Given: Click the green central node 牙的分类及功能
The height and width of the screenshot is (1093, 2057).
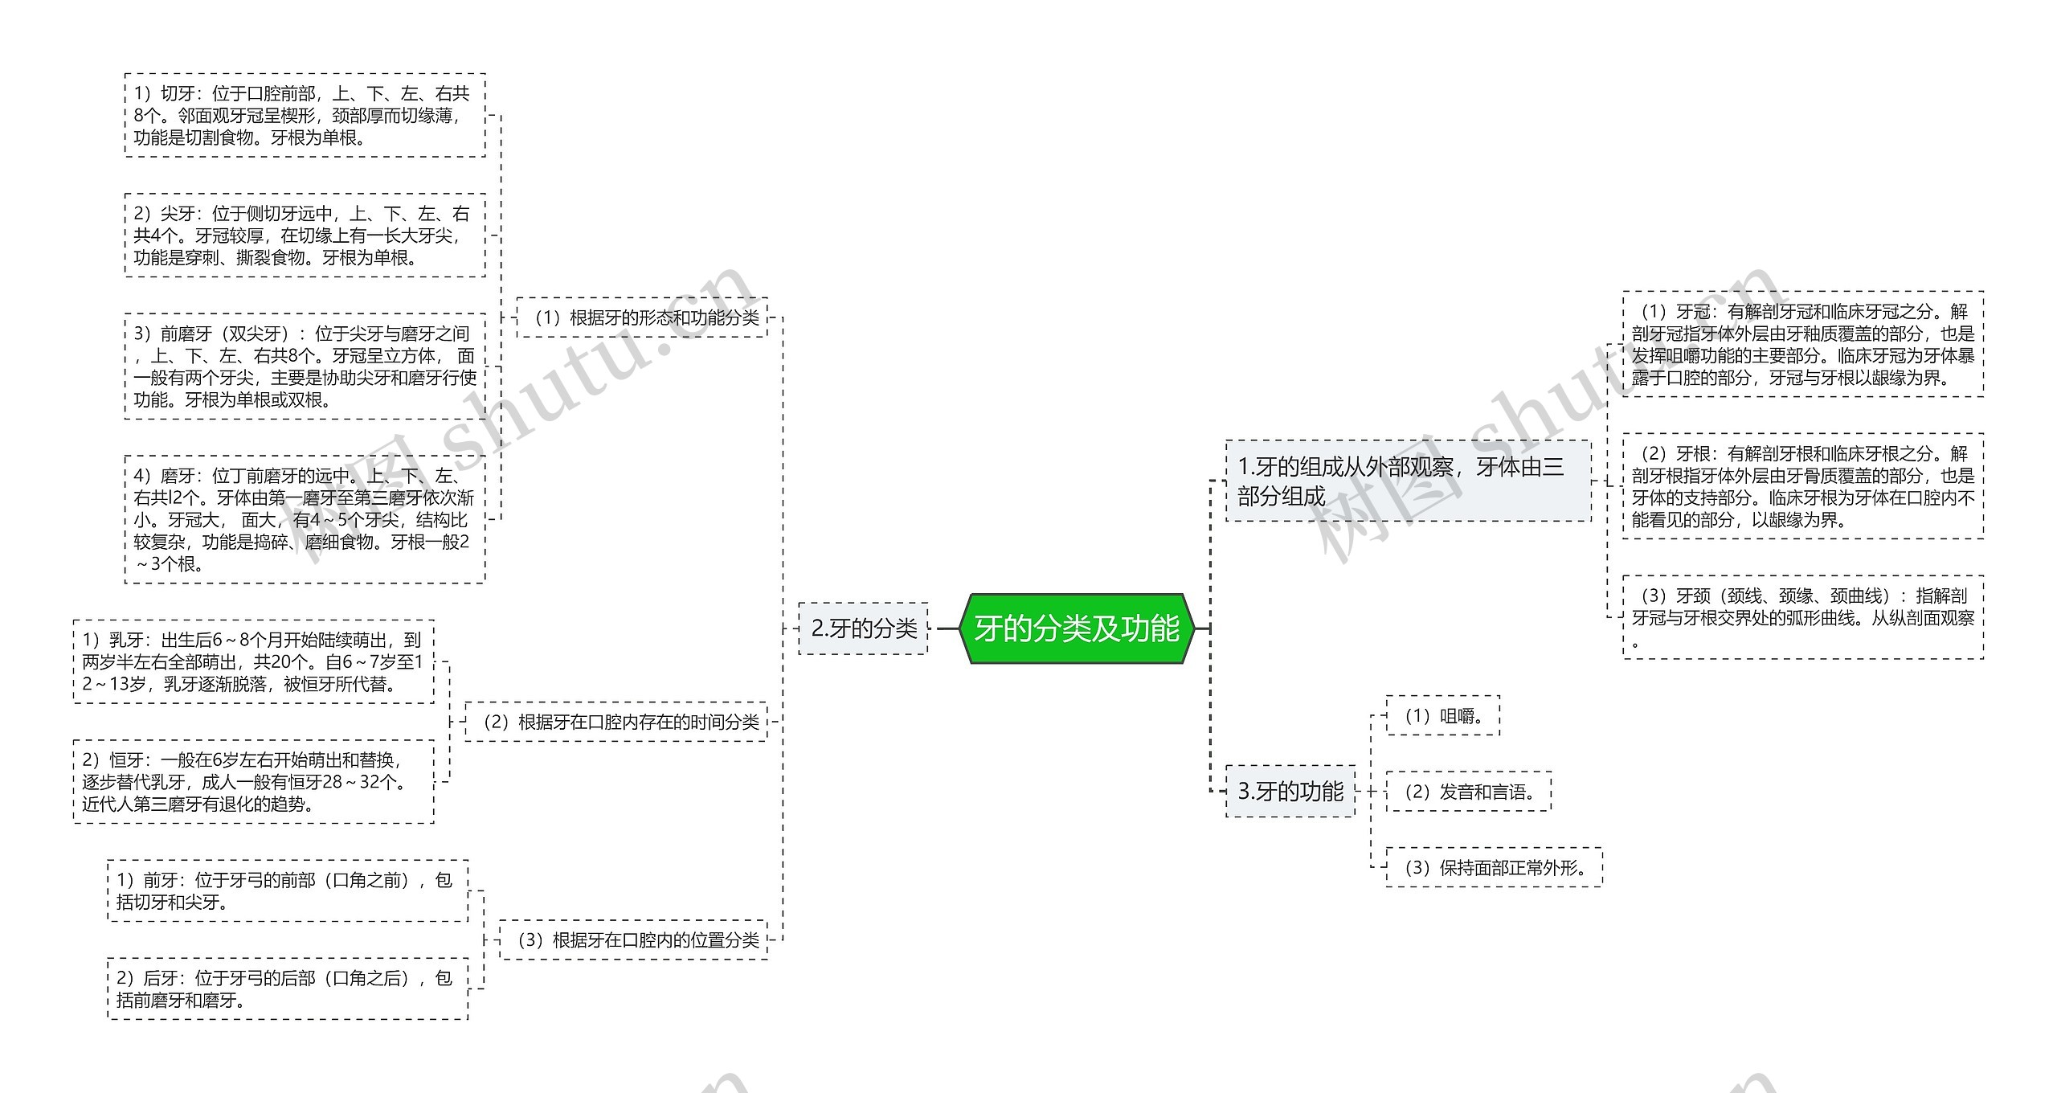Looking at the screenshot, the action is coord(1077,628).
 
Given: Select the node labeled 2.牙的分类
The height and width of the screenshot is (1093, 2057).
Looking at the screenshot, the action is coord(864,628).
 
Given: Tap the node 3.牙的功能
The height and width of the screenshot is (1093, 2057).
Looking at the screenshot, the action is coord(1290,792).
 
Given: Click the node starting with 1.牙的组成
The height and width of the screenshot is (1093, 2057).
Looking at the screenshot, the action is coord(1408,481).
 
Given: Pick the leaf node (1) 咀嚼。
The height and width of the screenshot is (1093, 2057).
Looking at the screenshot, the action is coord(1443,715).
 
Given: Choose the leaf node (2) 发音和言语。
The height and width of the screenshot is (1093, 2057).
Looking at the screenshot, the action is coord(1469,792).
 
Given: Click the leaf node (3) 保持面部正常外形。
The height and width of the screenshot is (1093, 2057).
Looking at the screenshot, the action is coord(1495,868).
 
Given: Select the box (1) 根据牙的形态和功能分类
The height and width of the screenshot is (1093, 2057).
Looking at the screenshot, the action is coord(643,317).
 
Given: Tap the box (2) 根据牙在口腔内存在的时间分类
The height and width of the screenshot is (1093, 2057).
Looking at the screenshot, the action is coord(616,722).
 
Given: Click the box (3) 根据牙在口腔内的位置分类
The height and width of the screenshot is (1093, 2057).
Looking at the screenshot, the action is coord(634,939).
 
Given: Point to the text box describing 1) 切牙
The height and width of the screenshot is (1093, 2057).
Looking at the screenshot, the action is coord(305,115).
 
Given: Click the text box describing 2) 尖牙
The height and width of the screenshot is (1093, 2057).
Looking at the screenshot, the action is coord(305,235).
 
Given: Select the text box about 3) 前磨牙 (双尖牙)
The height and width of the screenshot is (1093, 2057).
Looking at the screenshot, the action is coord(305,366).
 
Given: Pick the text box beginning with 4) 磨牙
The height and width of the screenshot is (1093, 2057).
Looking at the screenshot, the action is coord(305,519).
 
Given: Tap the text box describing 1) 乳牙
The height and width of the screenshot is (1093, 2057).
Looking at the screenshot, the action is coord(253,662).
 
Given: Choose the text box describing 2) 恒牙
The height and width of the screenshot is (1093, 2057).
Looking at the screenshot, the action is coord(253,782).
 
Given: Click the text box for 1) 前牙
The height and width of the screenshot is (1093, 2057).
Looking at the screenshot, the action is coord(288,890).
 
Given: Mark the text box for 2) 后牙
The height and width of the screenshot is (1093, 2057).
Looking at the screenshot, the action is coord(288,989).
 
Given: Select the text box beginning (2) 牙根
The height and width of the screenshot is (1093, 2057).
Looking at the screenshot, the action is coord(1803,486).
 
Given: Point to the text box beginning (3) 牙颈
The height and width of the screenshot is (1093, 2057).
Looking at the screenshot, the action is coord(1803,617).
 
